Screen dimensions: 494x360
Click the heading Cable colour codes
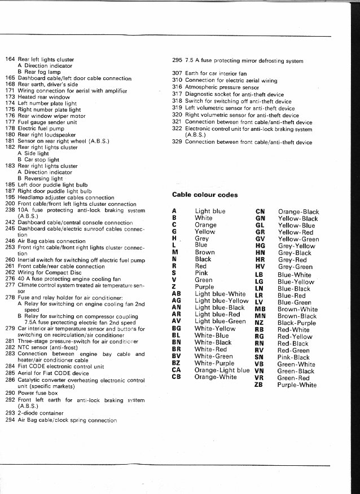click(x=204, y=195)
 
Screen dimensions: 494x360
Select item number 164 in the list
click(x=10, y=59)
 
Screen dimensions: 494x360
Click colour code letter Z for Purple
click(x=174, y=287)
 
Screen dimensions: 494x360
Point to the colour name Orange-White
click(x=216, y=377)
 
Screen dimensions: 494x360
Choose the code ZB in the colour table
click(x=259, y=385)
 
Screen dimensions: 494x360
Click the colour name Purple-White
click(x=297, y=385)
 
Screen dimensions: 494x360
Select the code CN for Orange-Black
click(x=260, y=211)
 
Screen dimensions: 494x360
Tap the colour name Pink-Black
click(x=293, y=357)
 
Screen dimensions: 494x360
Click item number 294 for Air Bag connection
click(x=10, y=420)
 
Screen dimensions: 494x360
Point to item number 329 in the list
click(x=177, y=142)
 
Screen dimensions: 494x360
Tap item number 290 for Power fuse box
click(x=10, y=392)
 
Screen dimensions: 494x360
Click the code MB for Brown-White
click(x=260, y=309)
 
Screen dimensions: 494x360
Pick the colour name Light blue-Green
click(x=220, y=321)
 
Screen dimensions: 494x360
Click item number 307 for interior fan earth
click(x=177, y=73)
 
